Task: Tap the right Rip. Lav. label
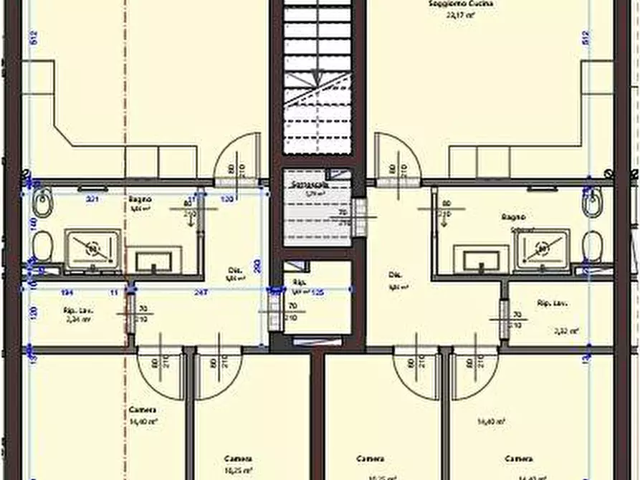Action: coord(552,304)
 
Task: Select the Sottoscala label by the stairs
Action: coord(309,185)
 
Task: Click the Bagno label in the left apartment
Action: coord(138,199)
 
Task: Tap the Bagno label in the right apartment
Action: coord(513,217)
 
